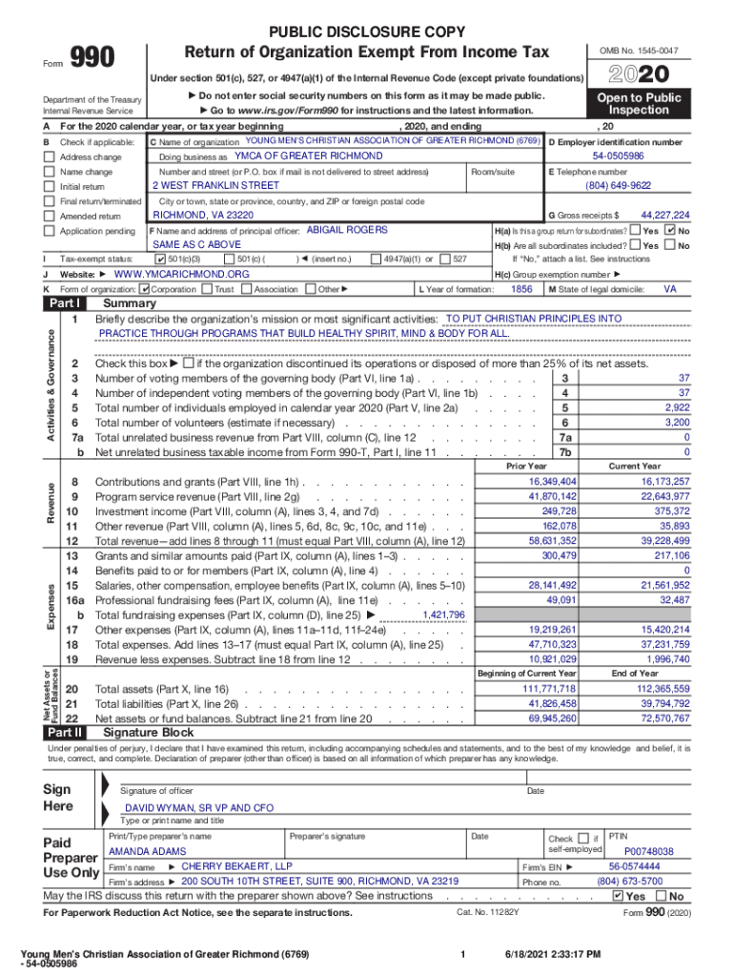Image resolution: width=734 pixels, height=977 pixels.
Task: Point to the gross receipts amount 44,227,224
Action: tap(665, 216)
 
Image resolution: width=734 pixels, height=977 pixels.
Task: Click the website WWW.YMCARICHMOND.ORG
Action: tap(181, 274)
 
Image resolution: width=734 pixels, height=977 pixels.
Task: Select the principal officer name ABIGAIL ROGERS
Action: tap(347, 230)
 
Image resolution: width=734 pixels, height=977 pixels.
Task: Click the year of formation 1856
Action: tap(521, 288)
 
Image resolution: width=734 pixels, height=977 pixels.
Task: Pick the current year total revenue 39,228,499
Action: tap(653, 540)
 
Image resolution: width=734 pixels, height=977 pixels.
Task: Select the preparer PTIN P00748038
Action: tap(648, 851)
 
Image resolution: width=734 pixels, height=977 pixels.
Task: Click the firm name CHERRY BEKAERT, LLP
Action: tap(236, 866)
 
